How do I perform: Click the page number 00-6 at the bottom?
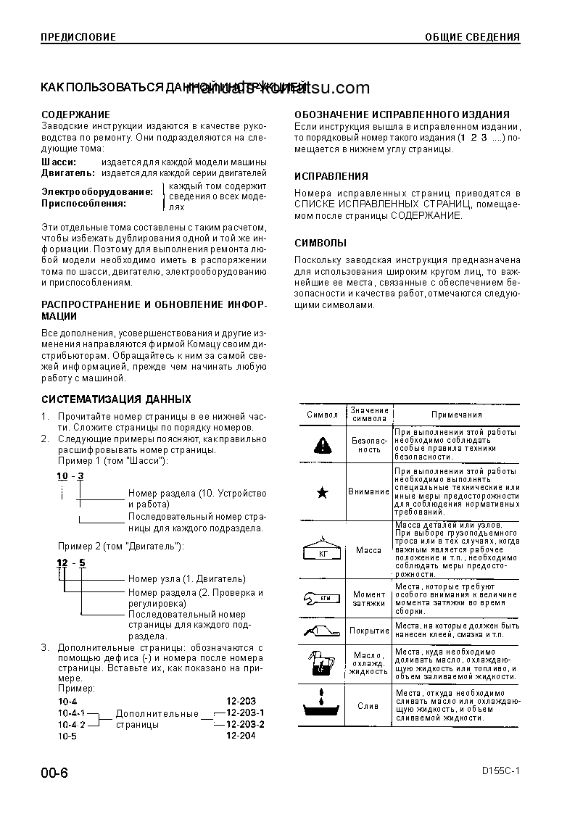tap(54, 773)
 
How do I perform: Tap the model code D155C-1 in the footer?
tap(500, 772)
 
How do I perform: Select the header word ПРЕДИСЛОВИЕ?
tap(78, 37)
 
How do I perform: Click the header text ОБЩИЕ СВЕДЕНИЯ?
tap(472, 37)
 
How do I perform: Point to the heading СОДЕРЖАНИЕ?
tap(75, 115)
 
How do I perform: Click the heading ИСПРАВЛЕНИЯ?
tap(331, 176)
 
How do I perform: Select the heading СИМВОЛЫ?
tap(320, 243)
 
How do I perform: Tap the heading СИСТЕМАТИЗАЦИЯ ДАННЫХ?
tap(116, 399)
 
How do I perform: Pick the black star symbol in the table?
tap(323, 493)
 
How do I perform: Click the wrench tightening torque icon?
tap(321, 598)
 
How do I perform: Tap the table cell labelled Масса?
tap(368, 550)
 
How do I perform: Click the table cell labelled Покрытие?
tap(369, 631)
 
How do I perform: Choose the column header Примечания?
tap(457, 415)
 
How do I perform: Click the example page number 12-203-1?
tap(245, 713)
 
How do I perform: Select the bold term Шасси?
tap(57, 162)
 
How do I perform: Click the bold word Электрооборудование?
tap(97, 192)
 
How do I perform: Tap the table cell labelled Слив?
tap(368, 705)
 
